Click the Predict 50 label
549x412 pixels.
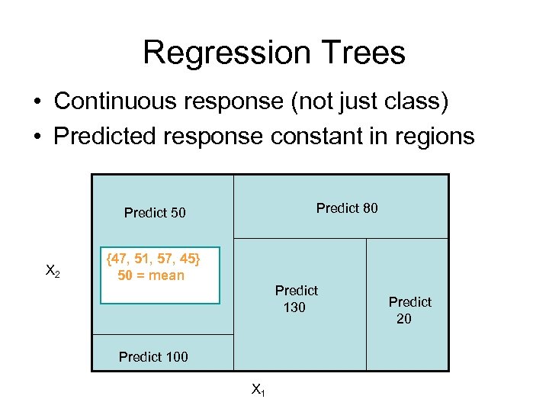tap(155, 213)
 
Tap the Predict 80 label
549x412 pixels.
tap(347, 208)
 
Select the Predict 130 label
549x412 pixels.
tap(296, 299)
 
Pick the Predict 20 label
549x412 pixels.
tap(409, 311)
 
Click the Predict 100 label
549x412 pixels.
tap(153, 356)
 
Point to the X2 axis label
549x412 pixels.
tap(53, 270)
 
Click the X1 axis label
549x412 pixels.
tap(258, 390)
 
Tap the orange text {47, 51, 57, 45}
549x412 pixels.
tap(153, 259)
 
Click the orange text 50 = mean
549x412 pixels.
tap(151, 275)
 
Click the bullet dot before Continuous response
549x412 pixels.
tap(37, 102)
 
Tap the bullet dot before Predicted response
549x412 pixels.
tap(37, 138)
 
